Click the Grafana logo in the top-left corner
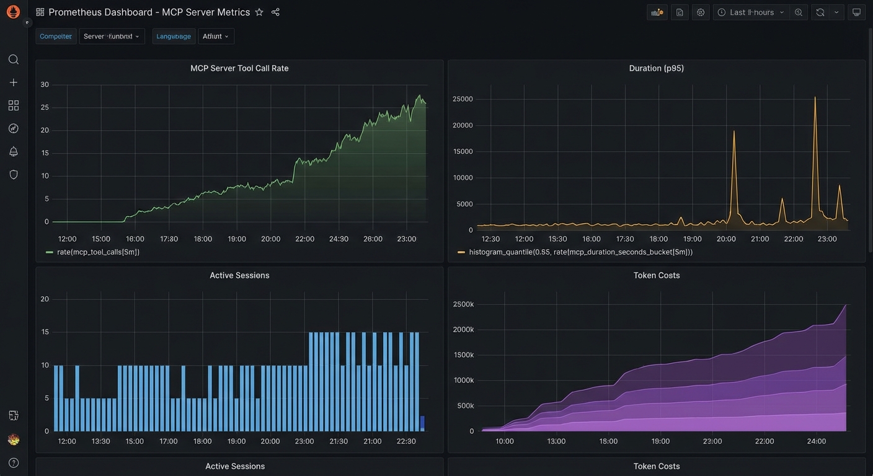coord(13,12)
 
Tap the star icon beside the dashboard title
coord(259,12)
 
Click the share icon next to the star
coord(275,12)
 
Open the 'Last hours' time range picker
coord(751,12)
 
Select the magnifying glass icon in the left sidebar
coord(13,59)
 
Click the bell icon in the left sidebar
coord(13,151)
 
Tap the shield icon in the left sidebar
coord(13,175)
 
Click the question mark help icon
coord(13,462)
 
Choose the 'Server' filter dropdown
coord(112,37)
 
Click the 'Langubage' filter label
coord(174,37)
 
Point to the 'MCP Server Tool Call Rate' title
coord(239,68)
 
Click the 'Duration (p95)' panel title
coord(656,68)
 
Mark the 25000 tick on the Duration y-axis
coord(463,99)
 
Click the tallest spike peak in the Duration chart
coord(815,98)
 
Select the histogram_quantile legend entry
coord(580,252)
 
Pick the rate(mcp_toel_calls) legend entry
coord(98,252)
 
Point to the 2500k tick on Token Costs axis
coord(463,304)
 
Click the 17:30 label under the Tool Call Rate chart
coord(169,239)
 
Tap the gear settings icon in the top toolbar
coord(701,12)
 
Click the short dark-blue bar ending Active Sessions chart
coord(422,423)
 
